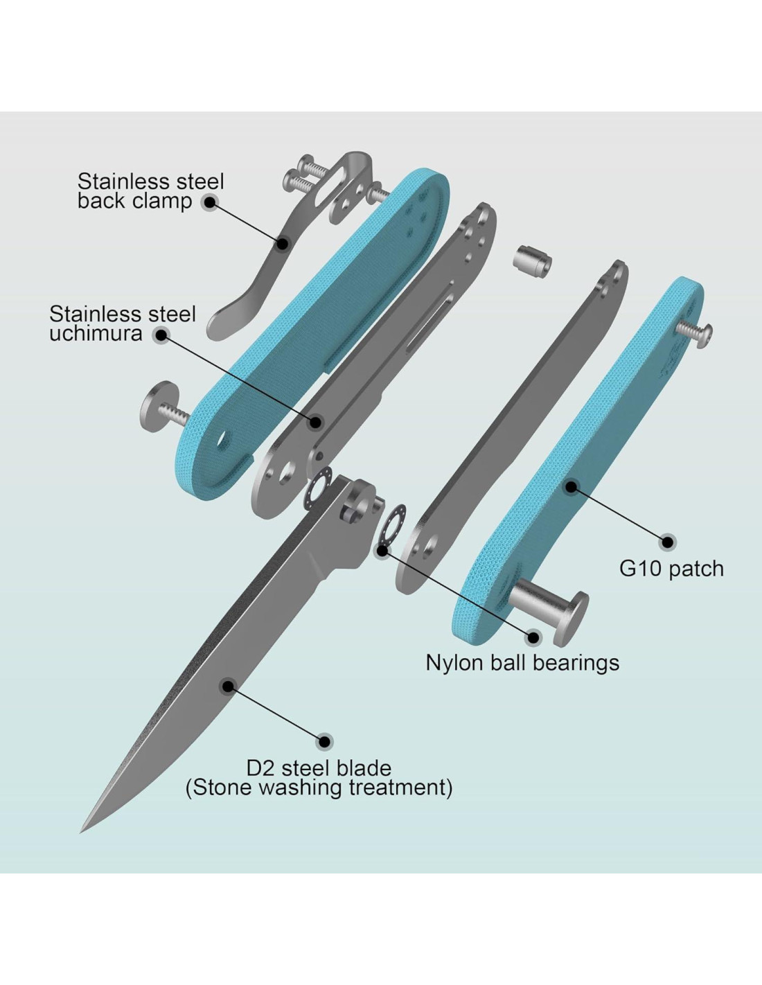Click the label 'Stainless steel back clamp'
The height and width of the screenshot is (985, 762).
click(x=150, y=191)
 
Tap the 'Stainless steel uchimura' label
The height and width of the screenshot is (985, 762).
click(x=123, y=323)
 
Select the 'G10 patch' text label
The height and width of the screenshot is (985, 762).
click(x=671, y=569)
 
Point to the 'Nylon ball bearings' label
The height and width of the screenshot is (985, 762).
click(x=522, y=663)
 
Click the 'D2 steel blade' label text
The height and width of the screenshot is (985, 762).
click(x=319, y=768)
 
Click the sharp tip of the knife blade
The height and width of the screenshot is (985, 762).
click(x=83, y=829)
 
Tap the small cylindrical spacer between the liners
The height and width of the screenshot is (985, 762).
click(x=532, y=261)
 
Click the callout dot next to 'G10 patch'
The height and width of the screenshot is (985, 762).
click(x=667, y=542)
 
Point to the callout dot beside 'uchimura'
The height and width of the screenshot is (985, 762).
click(x=161, y=335)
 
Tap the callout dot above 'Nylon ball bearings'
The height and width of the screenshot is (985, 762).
click(x=533, y=637)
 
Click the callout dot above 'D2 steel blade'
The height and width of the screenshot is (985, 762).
click(x=324, y=741)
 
